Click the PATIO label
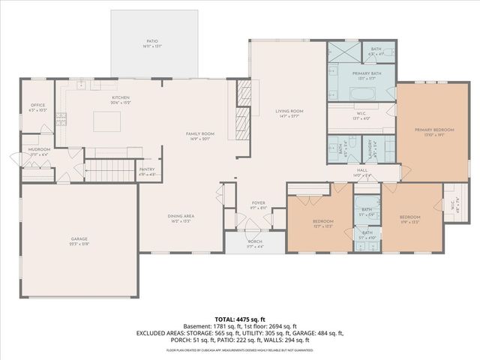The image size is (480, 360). coord(154,43)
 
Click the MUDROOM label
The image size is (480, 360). coord(40,150)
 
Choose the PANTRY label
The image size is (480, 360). coord(147,170)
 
